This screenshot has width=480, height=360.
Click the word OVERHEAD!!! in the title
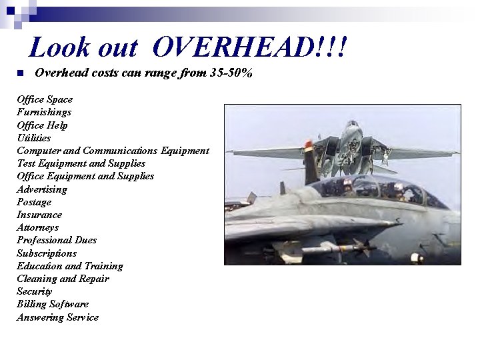pos(250,47)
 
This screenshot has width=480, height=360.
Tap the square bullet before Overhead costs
pos(20,73)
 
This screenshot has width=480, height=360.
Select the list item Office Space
pos(45,99)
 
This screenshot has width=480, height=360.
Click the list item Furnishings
pos(44,112)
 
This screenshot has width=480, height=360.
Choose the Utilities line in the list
pos(33,138)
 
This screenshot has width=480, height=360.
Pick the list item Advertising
pos(42,189)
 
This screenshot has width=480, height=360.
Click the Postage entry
pos(34,202)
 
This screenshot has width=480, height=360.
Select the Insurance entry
pos(39,215)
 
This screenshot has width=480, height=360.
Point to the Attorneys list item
pos(38,227)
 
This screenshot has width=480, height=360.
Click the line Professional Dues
pos(57,240)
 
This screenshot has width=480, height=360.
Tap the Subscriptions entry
pos(47,253)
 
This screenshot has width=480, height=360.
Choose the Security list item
pos(35,291)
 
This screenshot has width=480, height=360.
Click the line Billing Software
pos(53,304)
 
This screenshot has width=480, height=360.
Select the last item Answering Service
pos(57,317)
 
